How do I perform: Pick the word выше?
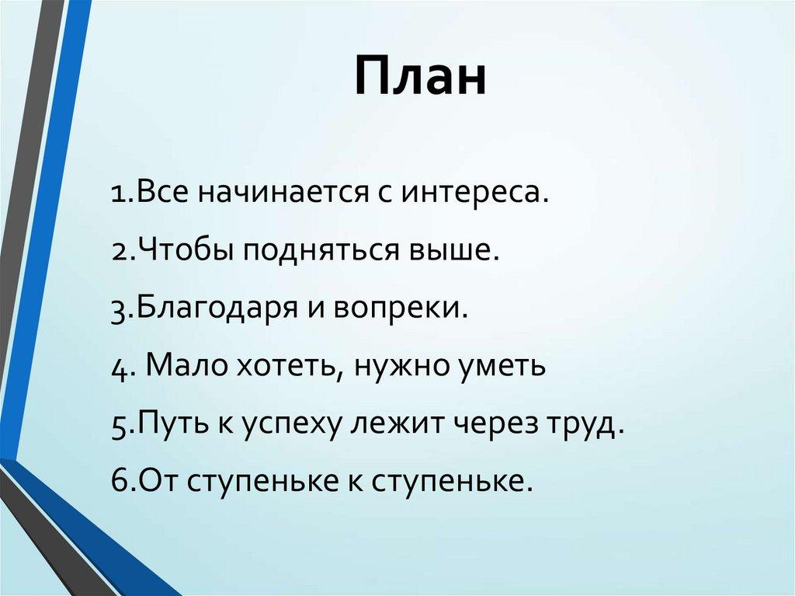pos(455,250)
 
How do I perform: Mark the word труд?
pos(588,425)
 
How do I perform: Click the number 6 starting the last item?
pos(119,482)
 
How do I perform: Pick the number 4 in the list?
pos(119,367)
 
